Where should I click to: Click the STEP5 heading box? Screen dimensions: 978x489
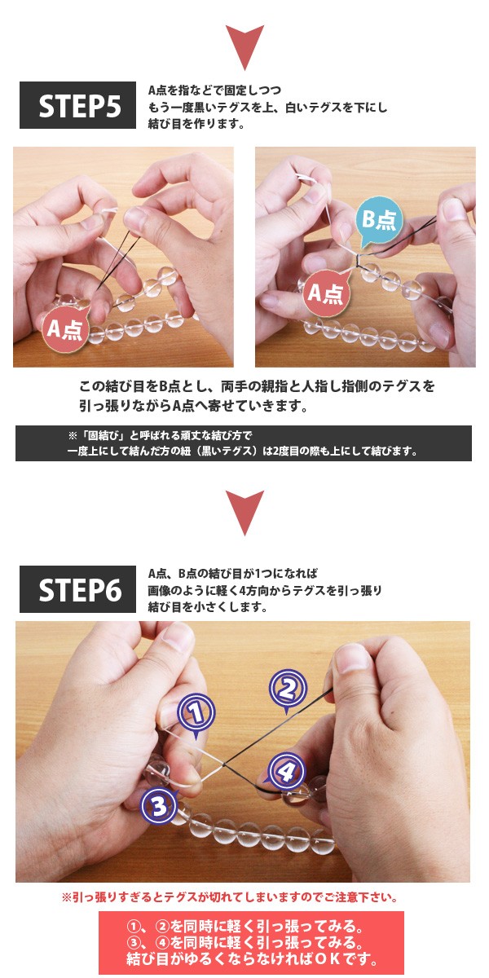pyautogui.click(x=77, y=105)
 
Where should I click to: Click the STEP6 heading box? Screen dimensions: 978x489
pyautogui.click(x=77, y=588)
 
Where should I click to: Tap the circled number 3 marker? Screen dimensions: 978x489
pyautogui.click(x=160, y=806)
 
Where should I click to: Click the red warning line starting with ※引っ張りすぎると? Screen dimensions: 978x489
pyautogui.click(x=230, y=897)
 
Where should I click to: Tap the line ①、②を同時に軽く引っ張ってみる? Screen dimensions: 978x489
pyautogui.click(x=244, y=927)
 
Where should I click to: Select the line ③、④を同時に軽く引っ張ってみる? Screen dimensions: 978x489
pyautogui.click(x=244, y=943)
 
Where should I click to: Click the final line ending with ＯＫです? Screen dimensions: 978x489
pyautogui.click(x=244, y=960)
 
